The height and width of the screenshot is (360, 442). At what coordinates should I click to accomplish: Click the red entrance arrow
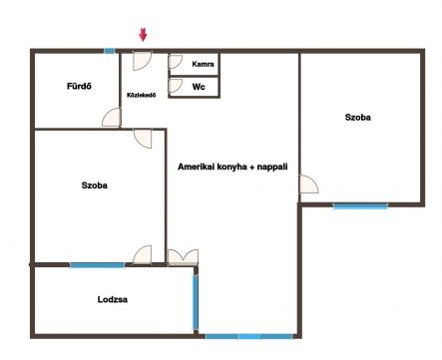tap(143, 35)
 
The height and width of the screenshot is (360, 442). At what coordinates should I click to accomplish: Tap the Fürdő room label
tap(79, 86)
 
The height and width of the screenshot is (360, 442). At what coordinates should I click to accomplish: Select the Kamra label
tap(203, 64)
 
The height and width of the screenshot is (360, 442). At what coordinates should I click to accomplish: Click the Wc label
tap(199, 87)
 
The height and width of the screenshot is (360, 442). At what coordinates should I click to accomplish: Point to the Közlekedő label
tap(142, 95)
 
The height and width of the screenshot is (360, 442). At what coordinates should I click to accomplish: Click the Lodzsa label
tap(113, 299)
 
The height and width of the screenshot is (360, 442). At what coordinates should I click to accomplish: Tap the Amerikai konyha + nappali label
tap(232, 167)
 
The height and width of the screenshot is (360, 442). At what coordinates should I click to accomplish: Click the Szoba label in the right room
tap(358, 117)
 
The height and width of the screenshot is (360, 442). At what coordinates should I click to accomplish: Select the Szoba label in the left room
tap(95, 185)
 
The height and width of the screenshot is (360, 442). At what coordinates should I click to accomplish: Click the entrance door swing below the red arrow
tap(143, 61)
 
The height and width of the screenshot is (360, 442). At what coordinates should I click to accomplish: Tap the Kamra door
tap(176, 62)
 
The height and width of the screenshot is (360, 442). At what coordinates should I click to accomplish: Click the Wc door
tap(176, 86)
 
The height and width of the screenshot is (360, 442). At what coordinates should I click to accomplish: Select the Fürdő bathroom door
tap(111, 118)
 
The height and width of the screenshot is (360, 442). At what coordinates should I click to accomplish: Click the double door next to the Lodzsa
tap(183, 257)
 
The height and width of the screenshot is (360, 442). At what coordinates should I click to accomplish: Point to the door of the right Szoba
tap(309, 184)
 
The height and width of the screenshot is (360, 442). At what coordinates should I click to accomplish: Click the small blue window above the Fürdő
tap(109, 51)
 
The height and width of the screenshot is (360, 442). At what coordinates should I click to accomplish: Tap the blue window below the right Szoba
tap(360, 206)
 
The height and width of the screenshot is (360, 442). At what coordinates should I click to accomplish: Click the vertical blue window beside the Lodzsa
tap(196, 302)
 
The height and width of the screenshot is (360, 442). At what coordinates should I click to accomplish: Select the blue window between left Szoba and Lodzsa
tap(97, 265)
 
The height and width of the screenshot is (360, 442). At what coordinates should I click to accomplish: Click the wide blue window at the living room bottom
tap(249, 336)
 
